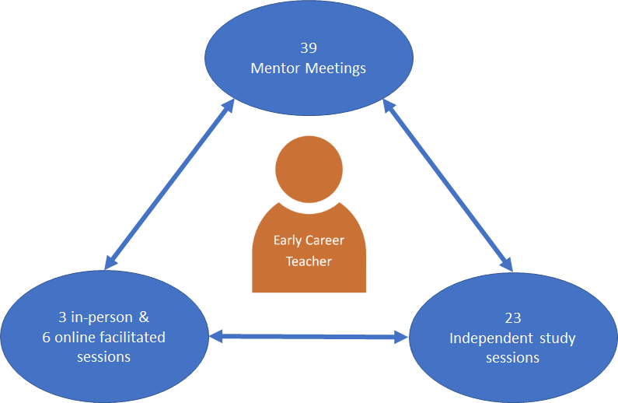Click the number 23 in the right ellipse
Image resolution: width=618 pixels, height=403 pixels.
512,317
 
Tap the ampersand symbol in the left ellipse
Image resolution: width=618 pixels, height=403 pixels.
143,317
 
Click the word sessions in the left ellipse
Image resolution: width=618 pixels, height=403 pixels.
103,357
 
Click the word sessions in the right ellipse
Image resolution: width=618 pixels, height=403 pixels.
512,358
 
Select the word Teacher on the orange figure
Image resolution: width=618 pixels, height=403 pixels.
309,261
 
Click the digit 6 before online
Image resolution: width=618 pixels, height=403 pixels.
48,337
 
